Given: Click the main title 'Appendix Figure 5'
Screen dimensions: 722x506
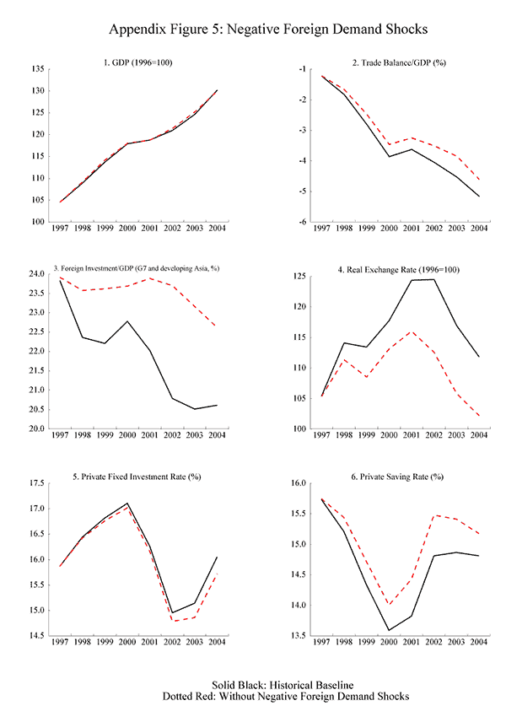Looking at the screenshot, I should (252, 30).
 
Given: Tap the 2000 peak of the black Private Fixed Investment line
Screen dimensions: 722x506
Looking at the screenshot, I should (126, 504).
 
